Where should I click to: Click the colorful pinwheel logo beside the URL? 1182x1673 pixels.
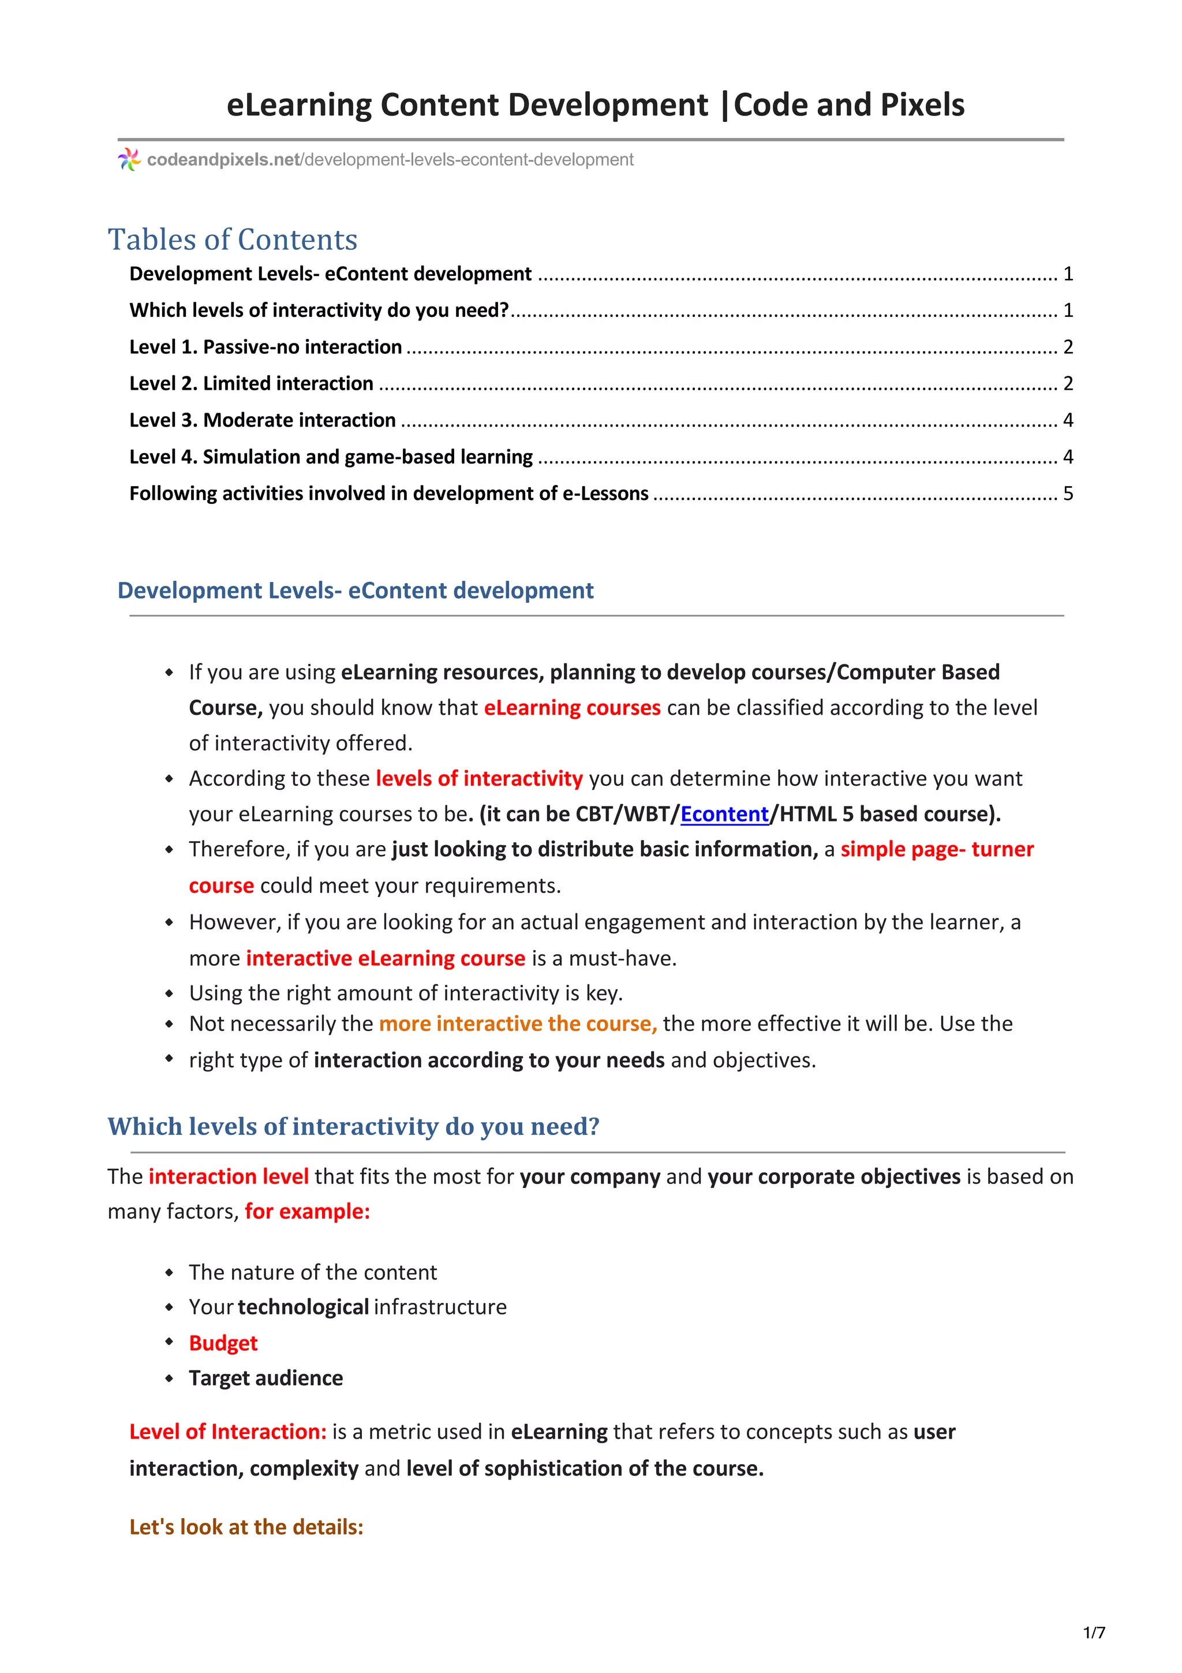tap(129, 159)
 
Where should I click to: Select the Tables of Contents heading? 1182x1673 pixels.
tap(233, 240)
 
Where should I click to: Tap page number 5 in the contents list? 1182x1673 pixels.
tap(1068, 494)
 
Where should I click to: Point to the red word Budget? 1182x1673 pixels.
tap(223, 1343)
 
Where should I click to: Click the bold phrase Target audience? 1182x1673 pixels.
tap(266, 1378)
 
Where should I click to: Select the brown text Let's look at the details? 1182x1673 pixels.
tap(246, 1526)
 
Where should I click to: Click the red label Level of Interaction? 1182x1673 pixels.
tap(228, 1432)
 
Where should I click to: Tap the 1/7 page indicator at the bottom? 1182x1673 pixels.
tap(1094, 1632)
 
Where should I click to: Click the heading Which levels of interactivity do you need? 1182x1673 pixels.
tap(353, 1126)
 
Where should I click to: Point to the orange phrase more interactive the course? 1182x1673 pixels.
tap(518, 1024)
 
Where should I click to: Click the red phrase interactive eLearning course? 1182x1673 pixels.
tap(386, 958)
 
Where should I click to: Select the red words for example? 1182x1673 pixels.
tap(308, 1211)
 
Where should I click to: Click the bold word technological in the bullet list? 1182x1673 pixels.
tap(303, 1307)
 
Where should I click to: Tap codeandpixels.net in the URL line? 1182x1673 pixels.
tap(223, 159)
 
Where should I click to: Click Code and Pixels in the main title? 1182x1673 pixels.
tap(848, 105)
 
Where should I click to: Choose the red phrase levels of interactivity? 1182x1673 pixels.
tap(478, 778)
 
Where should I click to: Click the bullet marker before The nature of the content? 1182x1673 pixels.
tap(169, 1273)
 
